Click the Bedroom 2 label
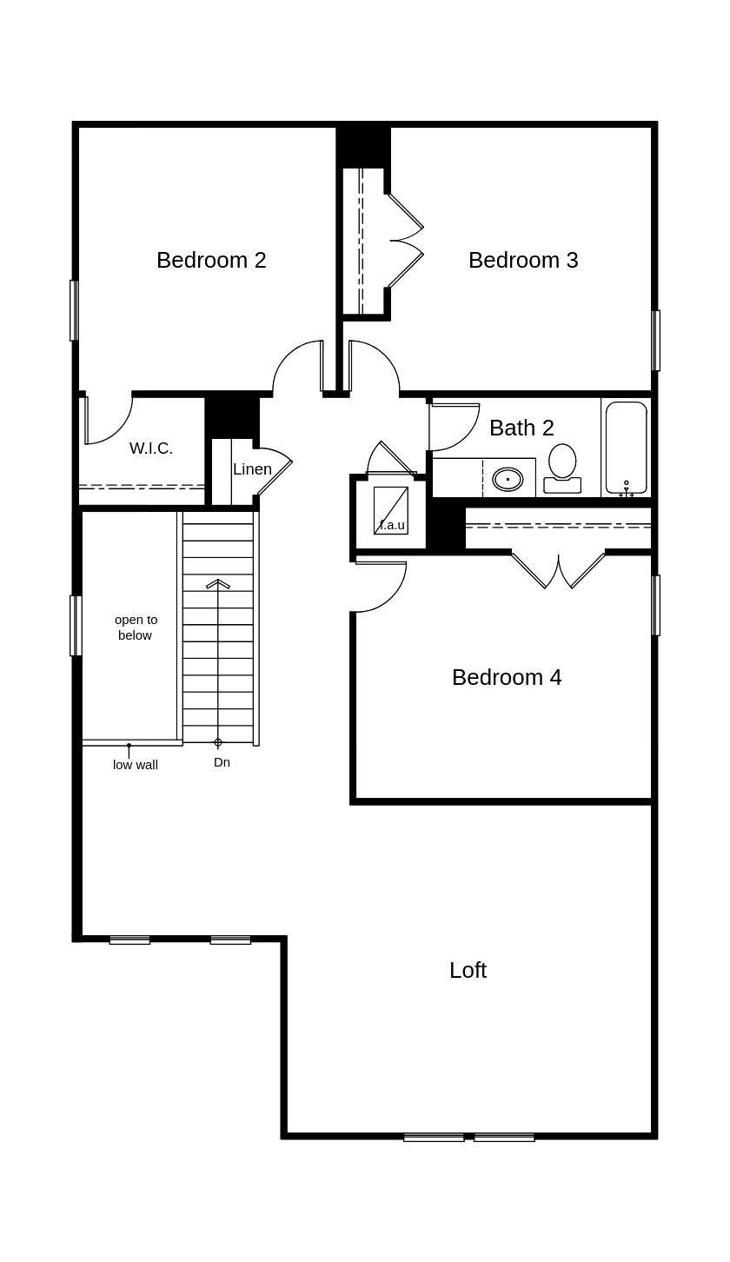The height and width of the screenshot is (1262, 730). click(211, 260)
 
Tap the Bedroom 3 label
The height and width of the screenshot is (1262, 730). click(523, 260)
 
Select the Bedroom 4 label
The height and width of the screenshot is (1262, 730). click(507, 677)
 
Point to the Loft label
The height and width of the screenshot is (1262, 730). click(468, 970)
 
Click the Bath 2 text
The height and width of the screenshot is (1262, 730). click(521, 428)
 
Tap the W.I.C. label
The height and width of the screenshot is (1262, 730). click(151, 448)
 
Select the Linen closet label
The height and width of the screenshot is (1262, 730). click(252, 469)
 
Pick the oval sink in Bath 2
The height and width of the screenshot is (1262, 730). click(508, 479)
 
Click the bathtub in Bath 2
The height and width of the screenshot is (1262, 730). click(626, 447)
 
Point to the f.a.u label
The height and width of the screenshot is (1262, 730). click(392, 525)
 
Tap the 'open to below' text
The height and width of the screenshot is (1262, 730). click(136, 627)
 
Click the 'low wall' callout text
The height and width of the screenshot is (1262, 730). click(136, 765)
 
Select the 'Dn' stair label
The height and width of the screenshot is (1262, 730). click(222, 762)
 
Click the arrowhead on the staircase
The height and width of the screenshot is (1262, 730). click(218, 583)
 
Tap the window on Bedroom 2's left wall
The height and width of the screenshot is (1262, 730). click(74, 310)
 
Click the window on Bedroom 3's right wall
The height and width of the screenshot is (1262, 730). click(656, 341)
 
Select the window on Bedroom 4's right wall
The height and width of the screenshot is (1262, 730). click(656, 605)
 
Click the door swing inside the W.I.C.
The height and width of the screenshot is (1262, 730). click(109, 422)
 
